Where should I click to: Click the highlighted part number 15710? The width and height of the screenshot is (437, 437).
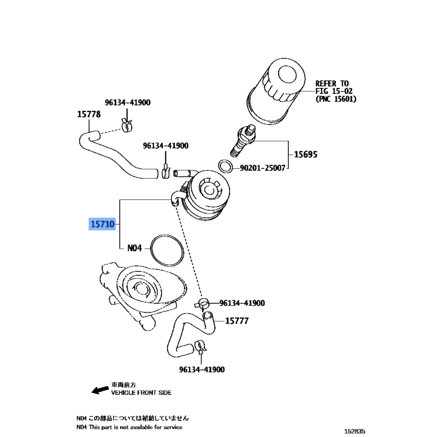[x=102, y=224]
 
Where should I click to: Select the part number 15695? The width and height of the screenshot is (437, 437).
[x=305, y=154]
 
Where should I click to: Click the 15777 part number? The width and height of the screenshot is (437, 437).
[x=237, y=321]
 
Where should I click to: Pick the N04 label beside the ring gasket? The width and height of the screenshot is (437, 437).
[x=134, y=248]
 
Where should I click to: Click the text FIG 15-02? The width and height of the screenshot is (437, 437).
[x=335, y=91]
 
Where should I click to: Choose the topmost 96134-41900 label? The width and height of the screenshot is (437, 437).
[x=128, y=102]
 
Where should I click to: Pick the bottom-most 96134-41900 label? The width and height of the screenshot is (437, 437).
[x=202, y=370]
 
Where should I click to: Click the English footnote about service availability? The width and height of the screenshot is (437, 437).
[x=129, y=427]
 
